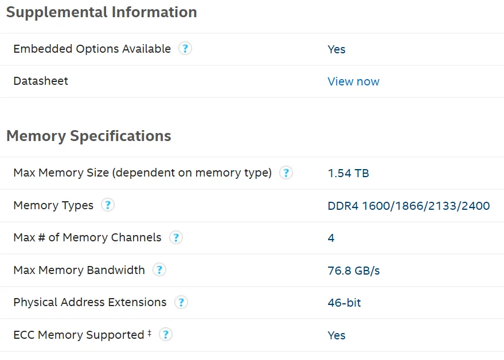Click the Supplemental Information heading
pos(101,12)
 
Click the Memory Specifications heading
pos(89,136)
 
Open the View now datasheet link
pos(353,81)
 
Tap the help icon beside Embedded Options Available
pos(185,49)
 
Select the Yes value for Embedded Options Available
pos(337,49)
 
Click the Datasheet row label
pos(41,81)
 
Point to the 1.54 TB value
pos(348,173)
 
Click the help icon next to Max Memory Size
pos(286,173)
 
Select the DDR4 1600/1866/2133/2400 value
pos(408,205)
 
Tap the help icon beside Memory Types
pos(107,205)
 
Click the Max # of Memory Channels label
pos(87,237)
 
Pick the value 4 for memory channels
pos(331,237)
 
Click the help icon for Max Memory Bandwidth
pos(159,270)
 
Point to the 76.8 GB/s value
pos(354,270)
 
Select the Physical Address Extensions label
pos(90,302)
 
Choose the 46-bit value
pos(344,303)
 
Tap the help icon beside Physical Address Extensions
pos(181,302)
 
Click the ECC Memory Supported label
pos(79,335)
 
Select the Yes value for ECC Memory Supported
pos(337,335)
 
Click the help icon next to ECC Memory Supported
pos(165,334)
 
